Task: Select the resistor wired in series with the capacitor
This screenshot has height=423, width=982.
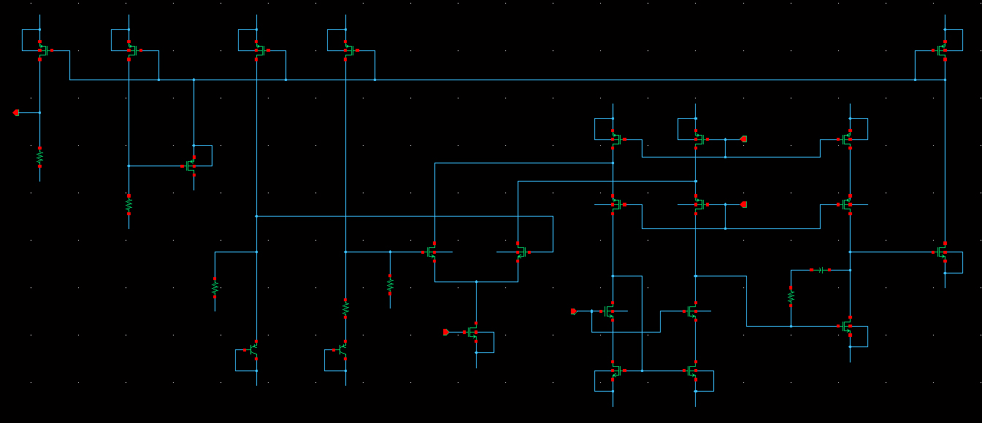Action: click(x=791, y=296)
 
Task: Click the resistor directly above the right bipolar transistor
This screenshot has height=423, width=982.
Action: click(x=345, y=308)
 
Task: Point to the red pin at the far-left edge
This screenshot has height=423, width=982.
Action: click(x=16, y=112)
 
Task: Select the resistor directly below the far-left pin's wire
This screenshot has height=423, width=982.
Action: click(x=39, y=157)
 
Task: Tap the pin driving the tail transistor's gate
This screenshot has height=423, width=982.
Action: click(x=446, y=332)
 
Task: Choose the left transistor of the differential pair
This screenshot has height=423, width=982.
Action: click(x=432, y=253)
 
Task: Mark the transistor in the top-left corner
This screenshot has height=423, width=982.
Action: click(x=42, y=50)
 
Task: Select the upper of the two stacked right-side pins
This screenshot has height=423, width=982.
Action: click(x=743, y=139)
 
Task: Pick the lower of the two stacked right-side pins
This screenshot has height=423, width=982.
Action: click(x=743, y=204)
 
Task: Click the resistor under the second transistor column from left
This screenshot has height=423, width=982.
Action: click(x=128, y=205)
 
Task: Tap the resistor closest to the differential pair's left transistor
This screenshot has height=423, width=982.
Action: click(x=390, y=283)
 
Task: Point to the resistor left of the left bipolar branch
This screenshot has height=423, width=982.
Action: click(x=215, y=287)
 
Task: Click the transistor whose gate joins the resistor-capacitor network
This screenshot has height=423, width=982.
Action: click(x=847, y=327)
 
